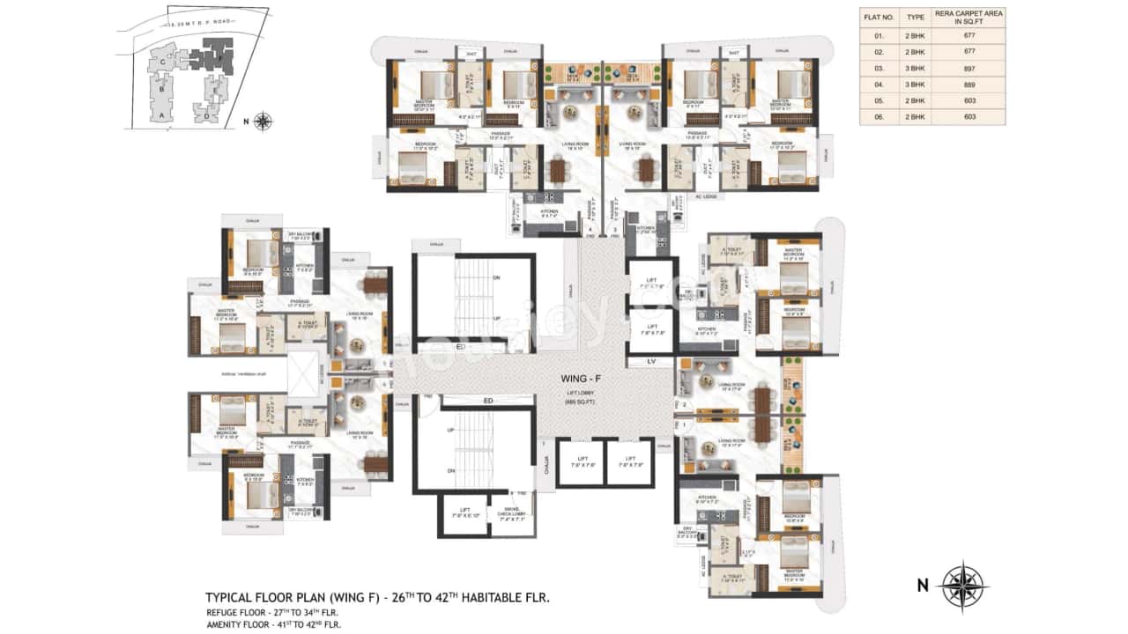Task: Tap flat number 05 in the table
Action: click(878, 100)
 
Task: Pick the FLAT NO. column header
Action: click(878, 16)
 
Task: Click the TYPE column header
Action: click(916, 16)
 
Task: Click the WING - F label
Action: click(580, 379)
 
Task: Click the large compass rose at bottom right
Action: click(962, 585)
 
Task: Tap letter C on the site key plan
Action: click(161, 63)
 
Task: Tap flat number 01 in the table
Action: click(878, 35)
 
